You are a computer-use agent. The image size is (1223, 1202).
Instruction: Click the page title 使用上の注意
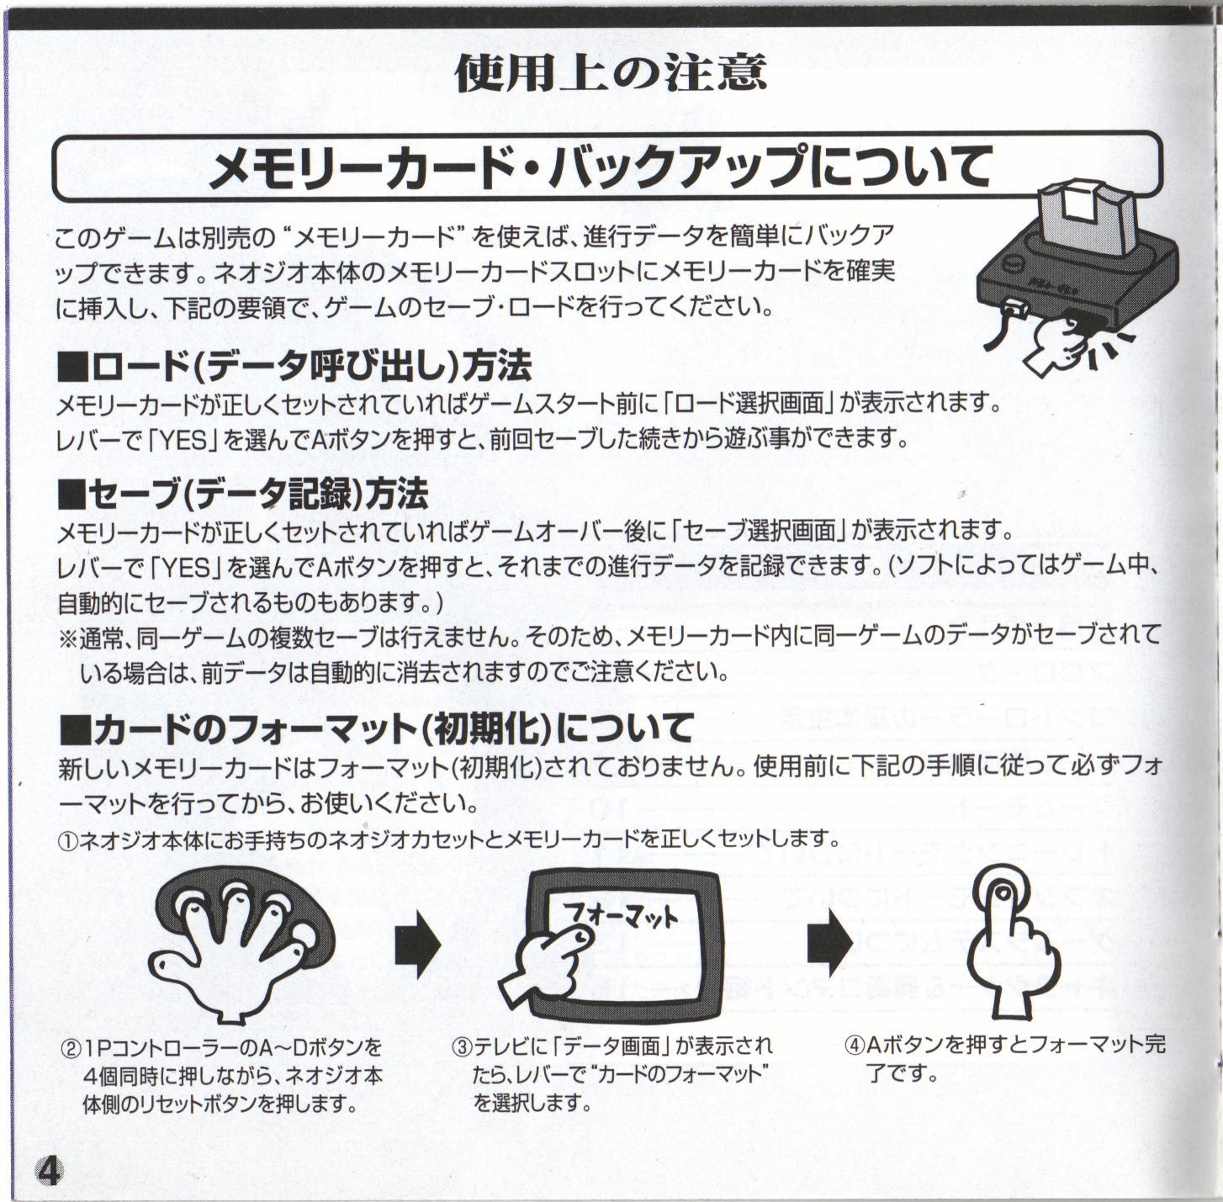pyautogui.click(x=611, y=73)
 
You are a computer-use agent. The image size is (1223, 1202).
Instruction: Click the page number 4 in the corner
pyautogui.click(x=50, y=1170)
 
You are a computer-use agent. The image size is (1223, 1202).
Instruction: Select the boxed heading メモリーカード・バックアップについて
pyautogui.click(x=599, y=167)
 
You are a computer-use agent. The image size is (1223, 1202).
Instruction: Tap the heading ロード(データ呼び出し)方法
pyautogui.click(x=295, y=367)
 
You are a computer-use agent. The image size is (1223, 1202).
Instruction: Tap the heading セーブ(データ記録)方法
pyautogui.click(x=244, y=495)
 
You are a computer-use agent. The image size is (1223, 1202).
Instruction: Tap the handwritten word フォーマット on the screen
pyautogui.click(x=619, y=915)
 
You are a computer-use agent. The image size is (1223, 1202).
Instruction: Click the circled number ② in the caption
pyautogui.click(x=71, y=1049)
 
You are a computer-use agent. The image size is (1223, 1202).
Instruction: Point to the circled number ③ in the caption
pyautogui.click(x=462, y=1047)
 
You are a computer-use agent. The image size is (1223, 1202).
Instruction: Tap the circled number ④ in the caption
pyautogui.click(x=854, y=1046)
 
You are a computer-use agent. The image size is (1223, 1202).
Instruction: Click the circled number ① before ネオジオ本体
pyautogui.click(x=67, y=840)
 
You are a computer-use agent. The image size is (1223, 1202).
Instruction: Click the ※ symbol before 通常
pyautogui.click(x=68, y=637)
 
